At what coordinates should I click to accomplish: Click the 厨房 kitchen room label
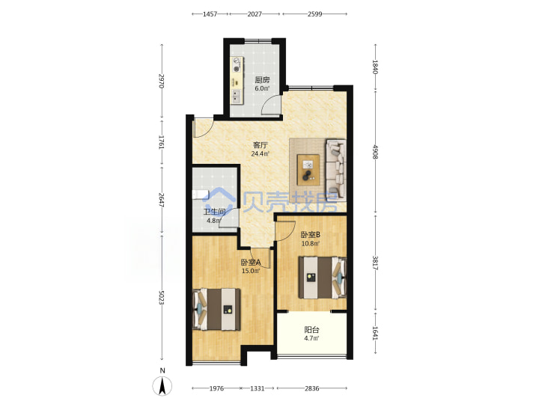(x=262, y=80)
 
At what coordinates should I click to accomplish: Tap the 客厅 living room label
(x=261, y=145)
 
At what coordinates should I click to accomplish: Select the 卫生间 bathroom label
(x=215, y=212)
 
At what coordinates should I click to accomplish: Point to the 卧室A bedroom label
(x=251, y=263)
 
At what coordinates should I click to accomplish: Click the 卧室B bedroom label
(x=311, y=235)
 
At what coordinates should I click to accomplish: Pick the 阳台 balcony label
(x=311, y=330)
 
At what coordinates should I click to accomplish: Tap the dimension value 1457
(x=210, y=14)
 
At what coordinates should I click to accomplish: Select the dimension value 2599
(x=314, y=14)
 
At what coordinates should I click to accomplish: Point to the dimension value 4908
(x=375, y=151)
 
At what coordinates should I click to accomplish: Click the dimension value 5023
(x=162, y=298)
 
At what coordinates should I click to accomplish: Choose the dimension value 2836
(x=311, y=388)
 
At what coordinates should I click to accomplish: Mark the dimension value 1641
(x=375, y=333)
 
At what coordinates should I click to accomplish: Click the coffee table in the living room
(x=308, y=170)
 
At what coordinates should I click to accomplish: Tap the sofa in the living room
(x=335, y=168)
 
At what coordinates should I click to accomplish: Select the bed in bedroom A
(x=216, y=310)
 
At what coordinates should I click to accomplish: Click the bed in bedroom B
(x=322, y=278)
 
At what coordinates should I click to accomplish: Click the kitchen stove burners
(x=237, y=65)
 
